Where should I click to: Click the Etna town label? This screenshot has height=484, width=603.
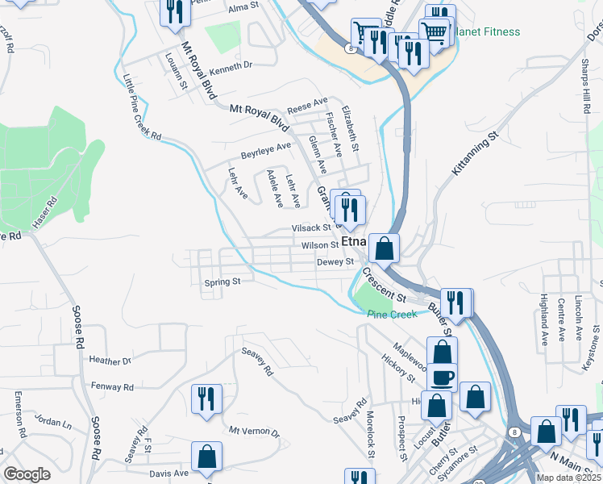pyautogui.click(x=354, y=241)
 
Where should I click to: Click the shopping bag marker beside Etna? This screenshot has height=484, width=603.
pyautogui.click(x=385, y=249)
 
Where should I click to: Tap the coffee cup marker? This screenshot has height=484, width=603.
pyautogui.click(x=441, y=376)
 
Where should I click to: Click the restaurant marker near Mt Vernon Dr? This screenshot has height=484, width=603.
pyautogui.click(x=206, y=398)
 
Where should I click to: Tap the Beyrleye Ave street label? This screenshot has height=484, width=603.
pyautogui.click(x=266, y=151)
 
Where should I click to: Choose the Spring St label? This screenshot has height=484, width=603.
pyautogui.click(x=222, y=282)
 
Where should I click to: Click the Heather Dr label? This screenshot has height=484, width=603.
pyautogui.click(x=110, y=361)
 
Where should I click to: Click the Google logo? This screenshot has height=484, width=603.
pyautogui.click(x=27, y=474)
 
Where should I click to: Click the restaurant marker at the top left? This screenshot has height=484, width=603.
pyautogui.click(x=175, y=12)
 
